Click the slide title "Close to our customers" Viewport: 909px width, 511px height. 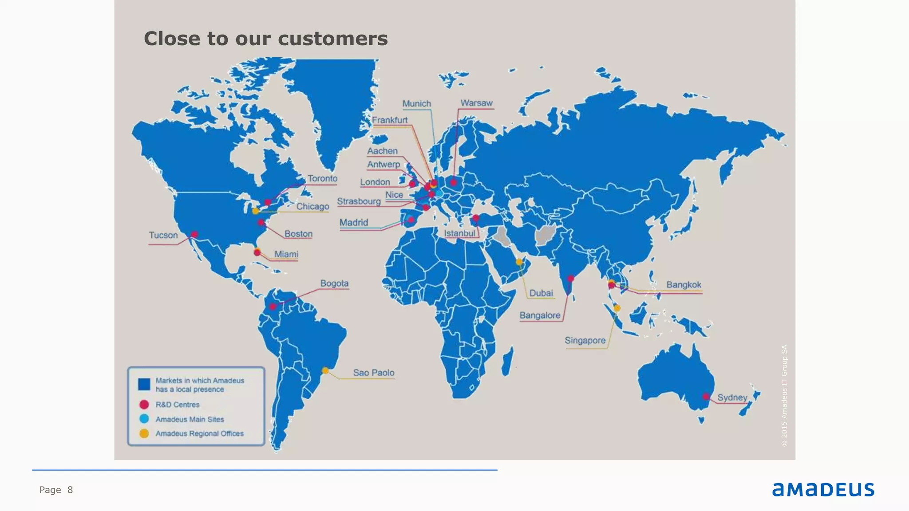[x=265, y=39]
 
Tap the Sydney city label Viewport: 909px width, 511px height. [x=732, y=397]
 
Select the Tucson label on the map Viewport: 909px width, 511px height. [x=163, y=235]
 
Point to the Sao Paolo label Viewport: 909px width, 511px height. [x=373, y=373]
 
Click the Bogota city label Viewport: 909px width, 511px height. [x=334, y=283]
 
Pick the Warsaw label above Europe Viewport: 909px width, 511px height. [x=476, y=103]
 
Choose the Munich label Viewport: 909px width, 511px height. [x=416, y=104]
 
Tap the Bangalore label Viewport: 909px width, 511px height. [x=540, y=315]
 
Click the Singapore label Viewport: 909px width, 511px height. [x=585, y=341]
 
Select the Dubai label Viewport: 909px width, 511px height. [x=541, y=293]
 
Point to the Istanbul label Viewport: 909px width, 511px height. [x=459, y=233]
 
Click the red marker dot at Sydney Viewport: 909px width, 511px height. [x=706, y=397]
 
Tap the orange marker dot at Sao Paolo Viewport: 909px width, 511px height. [x=325, y=370]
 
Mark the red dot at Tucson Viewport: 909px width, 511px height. [x=194, y=234]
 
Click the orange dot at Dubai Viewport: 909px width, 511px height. [x=519, y=262]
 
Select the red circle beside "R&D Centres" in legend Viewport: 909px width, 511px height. [x=144, y=405]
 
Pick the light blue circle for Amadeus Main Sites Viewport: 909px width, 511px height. [x=144, y=419]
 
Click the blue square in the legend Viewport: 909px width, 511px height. [x=144, y=384]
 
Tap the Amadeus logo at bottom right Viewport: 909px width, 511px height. [x=823, y=489]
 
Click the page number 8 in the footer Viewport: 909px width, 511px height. [x=70, y=490]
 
